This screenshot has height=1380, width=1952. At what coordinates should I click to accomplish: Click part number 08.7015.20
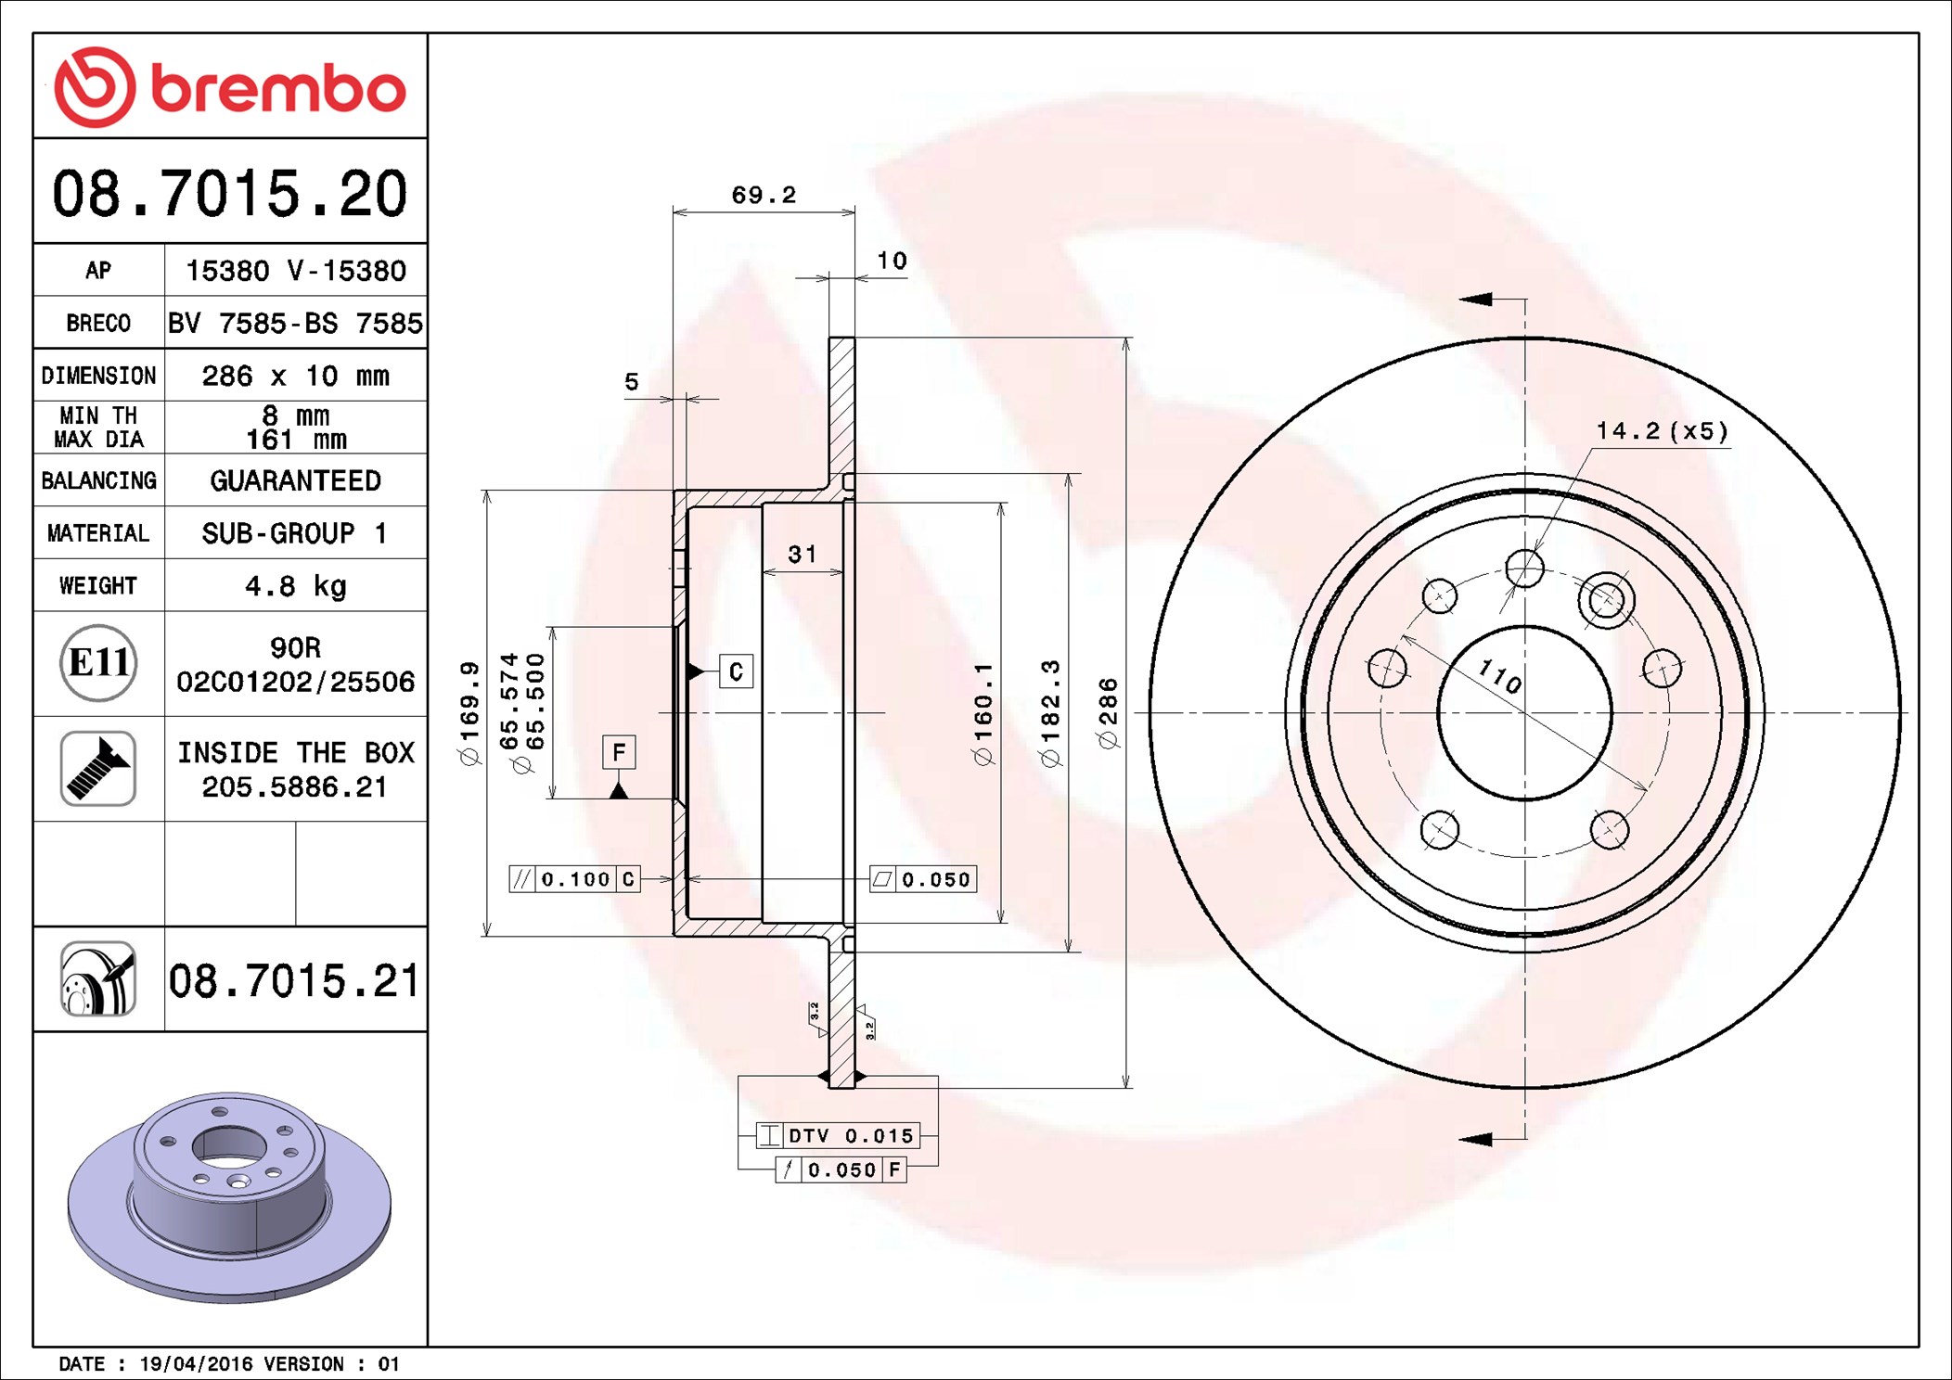point(229,194)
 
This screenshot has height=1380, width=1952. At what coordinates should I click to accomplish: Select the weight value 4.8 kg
point(296,586)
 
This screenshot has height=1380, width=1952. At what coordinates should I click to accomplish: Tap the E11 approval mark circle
point(98,662)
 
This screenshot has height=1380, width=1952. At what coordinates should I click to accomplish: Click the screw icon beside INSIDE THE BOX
point(98,768)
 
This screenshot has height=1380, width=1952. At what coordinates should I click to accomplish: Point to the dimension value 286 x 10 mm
point(296,376)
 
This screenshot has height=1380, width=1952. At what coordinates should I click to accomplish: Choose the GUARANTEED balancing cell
point(296,480)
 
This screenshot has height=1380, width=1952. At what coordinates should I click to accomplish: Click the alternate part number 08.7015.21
point(294,980)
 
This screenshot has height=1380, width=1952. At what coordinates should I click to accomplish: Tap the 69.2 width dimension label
point(764,195)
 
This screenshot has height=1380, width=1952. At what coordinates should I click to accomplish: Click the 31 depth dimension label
point(803,554)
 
